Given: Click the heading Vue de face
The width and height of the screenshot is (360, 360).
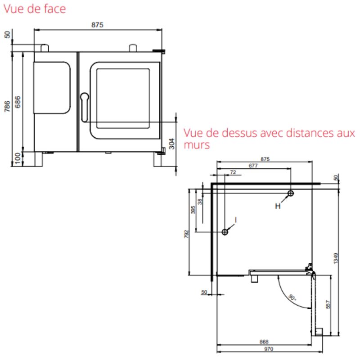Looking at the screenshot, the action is coord(35,9).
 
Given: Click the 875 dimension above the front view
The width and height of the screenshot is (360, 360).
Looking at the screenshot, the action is coord(97,25).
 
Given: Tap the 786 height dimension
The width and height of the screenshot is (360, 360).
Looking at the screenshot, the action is coord(7,106).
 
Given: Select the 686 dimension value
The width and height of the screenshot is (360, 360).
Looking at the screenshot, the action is coord(18,102).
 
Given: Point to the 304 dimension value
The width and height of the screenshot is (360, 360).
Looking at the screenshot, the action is coord(172,144).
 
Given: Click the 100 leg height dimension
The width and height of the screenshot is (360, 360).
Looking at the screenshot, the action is coord(18,159).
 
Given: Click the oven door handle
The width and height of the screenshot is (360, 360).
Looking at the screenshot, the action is coord(85,107).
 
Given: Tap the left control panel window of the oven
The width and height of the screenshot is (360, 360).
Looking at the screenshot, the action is coord(52,87).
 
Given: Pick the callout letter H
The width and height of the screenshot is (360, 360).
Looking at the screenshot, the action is coord(278,206).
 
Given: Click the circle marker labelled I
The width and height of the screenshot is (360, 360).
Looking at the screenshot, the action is coord(225,232).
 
